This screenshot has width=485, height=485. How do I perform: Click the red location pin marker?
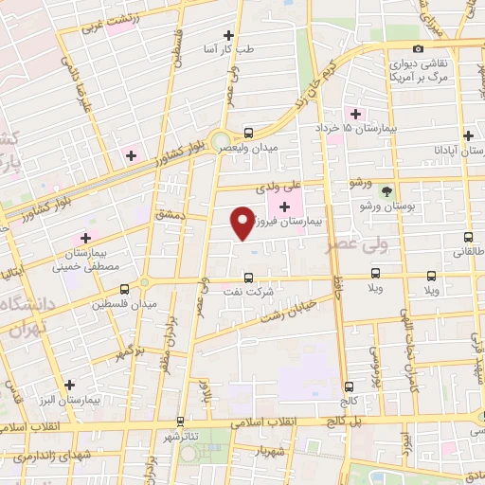(x=242, y=224)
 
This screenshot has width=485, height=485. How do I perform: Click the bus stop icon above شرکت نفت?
(x=248, y=278)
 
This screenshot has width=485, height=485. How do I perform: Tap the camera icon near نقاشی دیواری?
(x=418, y=48)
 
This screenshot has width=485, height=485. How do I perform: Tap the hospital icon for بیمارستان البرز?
(x=68, y=385)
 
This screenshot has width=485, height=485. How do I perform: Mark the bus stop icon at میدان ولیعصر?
(x=248, y=133)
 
